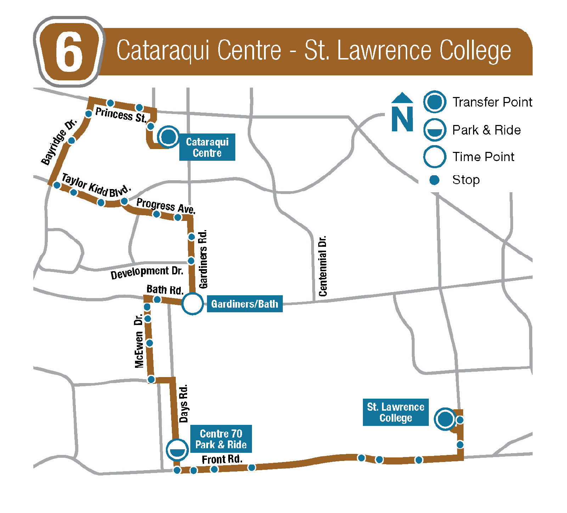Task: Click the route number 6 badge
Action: [x=69, y=52]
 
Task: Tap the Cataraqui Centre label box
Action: [x=207, y=147]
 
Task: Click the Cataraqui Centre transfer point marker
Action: [x=168, y=136]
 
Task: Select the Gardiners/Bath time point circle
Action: [x=192, y=304]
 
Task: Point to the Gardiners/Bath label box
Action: [x=245, y=304]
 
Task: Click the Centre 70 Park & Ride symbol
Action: [x=177, y=450]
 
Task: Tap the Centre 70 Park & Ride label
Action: [x=221, y=439]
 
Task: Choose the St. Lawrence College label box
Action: [x=395, y=412]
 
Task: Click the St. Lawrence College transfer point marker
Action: [x=445, y=419]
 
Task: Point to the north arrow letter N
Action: [x=402, y=118]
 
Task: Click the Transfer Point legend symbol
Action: [x=434, y=102]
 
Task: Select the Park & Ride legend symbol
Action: [x=434, y=130]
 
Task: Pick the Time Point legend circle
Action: [x=434, y=156]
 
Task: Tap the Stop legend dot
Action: [x=434, y=180]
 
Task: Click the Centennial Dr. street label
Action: [x=322, y=266]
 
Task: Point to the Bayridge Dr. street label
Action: [x=59, y=142]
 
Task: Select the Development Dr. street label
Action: [x=147, y=273]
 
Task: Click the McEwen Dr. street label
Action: [x=139, y=341]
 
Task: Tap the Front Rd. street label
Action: [x=222, y=459]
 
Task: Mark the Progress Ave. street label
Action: [x=165, y=206]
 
